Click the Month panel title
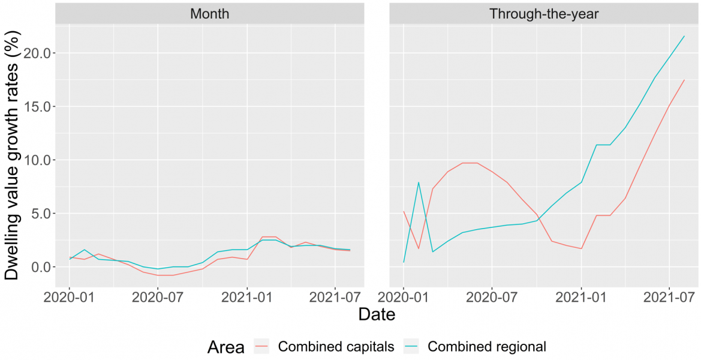pos(209,13)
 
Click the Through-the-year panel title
pos(543,13)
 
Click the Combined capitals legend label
pos(336,346)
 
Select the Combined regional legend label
pos(486,346)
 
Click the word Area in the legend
pos(226,346)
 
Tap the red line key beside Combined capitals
pos(262,346)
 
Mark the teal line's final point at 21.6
pos(684,36)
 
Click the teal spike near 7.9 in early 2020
pos(419,182)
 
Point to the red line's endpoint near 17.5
pos(684,80)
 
